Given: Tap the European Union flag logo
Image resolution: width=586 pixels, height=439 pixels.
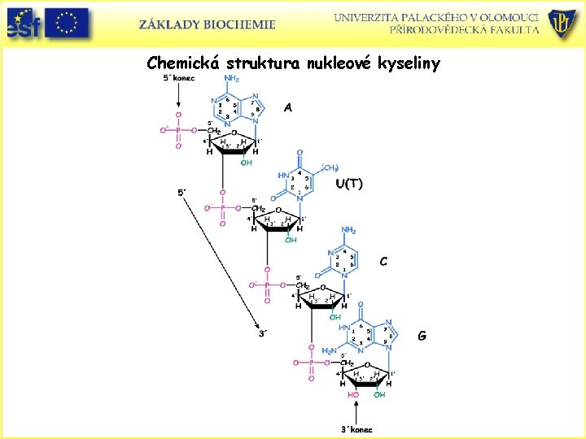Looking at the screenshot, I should click(67, 24).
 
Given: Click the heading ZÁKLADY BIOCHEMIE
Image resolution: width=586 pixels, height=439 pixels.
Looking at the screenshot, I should click(207, 24).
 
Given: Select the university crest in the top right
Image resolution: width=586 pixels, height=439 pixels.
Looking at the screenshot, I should click(562, 24).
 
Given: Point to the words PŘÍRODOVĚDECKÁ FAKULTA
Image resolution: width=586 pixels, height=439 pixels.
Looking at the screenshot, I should click(464, 30).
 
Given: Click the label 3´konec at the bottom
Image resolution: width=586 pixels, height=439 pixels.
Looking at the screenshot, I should click(356, 428).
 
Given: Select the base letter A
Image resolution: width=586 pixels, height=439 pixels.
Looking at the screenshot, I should click(288, 106).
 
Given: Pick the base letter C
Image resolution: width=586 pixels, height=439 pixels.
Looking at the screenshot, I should click(383, 262).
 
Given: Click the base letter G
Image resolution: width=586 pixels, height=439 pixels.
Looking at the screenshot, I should click(422, 335).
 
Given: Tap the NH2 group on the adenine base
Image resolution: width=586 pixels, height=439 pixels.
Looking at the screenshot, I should click(231, 79).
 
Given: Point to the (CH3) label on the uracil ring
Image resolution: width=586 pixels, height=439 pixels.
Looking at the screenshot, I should click(330, 167).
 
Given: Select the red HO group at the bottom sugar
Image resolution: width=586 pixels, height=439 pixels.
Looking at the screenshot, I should click(353, 395).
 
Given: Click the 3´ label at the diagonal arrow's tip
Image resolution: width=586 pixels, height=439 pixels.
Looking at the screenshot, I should click(261, 333).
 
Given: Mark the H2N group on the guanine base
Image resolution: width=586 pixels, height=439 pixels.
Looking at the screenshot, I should click(329, 350).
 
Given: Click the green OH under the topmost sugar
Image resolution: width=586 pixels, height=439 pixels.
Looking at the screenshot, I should click(245, 162).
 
